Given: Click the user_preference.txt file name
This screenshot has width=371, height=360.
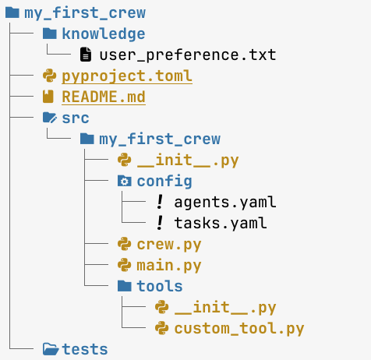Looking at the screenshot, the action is point(188,55).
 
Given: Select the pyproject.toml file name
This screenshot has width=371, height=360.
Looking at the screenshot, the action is point(127,76).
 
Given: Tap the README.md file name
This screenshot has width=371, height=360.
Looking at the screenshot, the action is point(104,97).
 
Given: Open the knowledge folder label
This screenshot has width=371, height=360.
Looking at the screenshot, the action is point(104,34).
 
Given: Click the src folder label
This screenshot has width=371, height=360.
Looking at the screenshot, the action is point(76,118).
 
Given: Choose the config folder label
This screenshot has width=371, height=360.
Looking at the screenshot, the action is point(164,181).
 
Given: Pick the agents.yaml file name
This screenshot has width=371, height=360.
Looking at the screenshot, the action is point(225,202).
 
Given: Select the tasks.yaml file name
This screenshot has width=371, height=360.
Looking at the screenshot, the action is point(221,223).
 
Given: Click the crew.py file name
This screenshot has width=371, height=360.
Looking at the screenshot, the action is point(169,245).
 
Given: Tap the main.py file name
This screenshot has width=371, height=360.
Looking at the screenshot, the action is point(169,266).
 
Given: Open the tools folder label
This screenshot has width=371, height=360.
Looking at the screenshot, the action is point(160,286).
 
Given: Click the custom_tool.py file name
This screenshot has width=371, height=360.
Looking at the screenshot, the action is point(239,329).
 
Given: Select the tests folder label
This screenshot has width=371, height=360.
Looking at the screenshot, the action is point(85,349).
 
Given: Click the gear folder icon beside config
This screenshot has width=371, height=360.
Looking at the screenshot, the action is point(124,181).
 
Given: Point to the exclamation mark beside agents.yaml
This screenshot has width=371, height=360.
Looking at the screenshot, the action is point(160,202).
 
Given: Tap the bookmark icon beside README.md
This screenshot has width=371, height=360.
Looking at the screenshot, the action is point(48,97).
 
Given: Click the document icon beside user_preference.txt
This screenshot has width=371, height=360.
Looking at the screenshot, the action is point(86,55).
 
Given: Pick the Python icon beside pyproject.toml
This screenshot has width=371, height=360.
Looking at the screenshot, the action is point(49,76).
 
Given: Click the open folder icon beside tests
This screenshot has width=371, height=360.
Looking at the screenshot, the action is point(51,349).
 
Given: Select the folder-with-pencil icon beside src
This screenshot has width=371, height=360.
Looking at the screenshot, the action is point(50,118).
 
